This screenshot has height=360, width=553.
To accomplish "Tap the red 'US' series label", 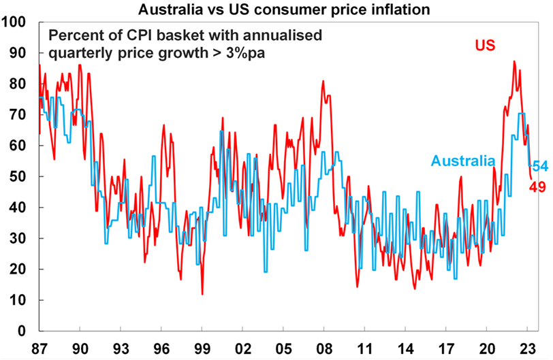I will pyautogui.click(x=484, y=46).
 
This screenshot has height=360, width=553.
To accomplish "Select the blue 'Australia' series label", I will pyautogui.click(x=462, y=161).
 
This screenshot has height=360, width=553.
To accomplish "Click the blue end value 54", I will pyautogui.click(x=540, y=167).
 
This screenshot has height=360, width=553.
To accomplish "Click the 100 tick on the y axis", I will pyautogui.click(x=15, y=22).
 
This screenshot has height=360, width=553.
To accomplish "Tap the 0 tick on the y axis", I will pyautogui.click(x=22, y=331).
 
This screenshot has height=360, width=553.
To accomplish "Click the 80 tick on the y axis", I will pyautogui.click(x=18, y=84).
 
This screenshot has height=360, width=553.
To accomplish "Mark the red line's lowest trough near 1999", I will pyautogui.click(x=202, y=294).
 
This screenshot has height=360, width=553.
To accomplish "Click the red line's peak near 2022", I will pyautogui.click(x=513, y=61).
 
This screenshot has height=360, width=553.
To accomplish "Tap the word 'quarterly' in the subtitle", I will pyautogui.click(x=78, y=52).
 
